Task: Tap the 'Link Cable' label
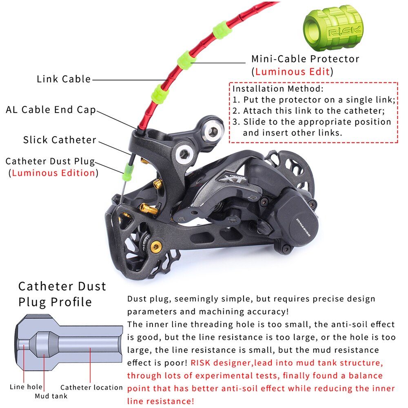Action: pyautogui.click(x=64, y=79)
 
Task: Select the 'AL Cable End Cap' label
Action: pyautogui.click(x=51, y=110)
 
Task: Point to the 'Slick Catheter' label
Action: pyautogui.click(x=60, y=140)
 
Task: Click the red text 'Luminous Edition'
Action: pyautogui.click(x=53, y=173)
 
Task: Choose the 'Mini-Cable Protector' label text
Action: pyautogui.click(x=305, y=59)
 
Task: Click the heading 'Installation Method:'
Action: pyautogui.click(x=278, y=89)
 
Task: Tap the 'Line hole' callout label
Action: pyautogui.click(x=26, y=387)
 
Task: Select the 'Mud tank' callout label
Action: pyautogui.click(x=51, y=396)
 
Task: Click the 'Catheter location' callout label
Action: pyautogui.click(x=91, y=387)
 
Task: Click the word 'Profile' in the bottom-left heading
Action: pyautogui.click(x=71, y=302)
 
